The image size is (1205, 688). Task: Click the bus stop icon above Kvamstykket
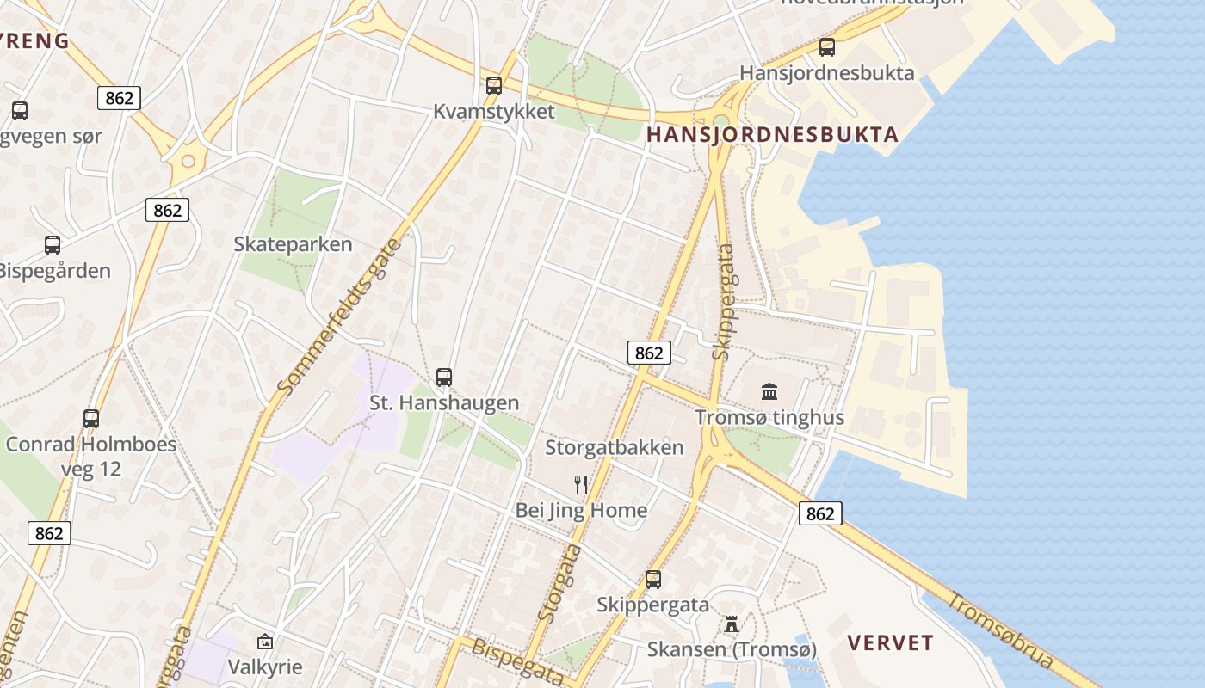click(493, 86)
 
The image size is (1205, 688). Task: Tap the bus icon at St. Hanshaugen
click(444, 377)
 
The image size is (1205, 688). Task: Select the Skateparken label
click(293, 244)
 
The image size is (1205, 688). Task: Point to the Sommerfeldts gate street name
click(341, 318)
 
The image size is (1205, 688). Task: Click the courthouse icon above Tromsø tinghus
click(769, 392)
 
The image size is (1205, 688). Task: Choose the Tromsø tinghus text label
click(769, 418)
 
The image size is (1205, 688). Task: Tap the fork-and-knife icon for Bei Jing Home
click(581, 485)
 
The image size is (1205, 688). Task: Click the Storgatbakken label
click(615, 447)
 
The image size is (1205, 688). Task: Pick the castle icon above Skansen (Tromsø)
click(732, 623)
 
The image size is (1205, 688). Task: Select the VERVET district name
click(890, 642)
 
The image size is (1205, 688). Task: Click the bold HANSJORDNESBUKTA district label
click(772, 134)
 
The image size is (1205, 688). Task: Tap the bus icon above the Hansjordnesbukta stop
click(827, 47)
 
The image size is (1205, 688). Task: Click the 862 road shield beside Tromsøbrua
click(820, 513)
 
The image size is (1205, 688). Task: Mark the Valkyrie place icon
click(265, 642)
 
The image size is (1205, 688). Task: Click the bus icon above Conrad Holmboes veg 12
click(91, 419)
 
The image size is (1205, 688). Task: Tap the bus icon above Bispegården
click(53, 245)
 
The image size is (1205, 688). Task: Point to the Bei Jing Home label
click(581, 510)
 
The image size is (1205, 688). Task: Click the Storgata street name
click(559, 582)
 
